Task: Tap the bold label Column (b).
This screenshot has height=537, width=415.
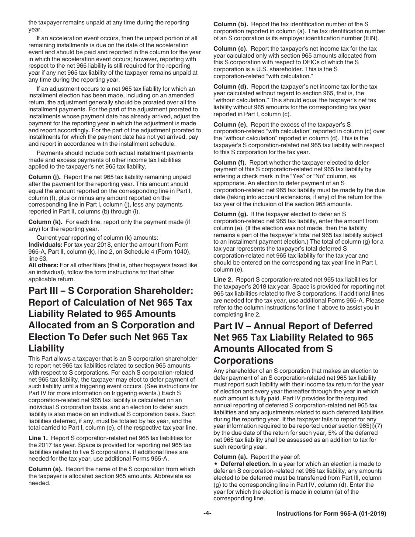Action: [x=231, y=24]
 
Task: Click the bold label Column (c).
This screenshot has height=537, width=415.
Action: [x=231, y=49]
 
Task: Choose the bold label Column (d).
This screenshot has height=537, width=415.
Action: [x=231, y=87]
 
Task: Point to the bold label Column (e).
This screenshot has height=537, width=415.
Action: [x=231, y=125]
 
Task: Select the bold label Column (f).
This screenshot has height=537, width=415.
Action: [x=230, y=163]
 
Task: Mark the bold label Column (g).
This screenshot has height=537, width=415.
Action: [x=231, y=214]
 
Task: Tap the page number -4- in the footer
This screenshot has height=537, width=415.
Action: [x=207, y=514]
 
